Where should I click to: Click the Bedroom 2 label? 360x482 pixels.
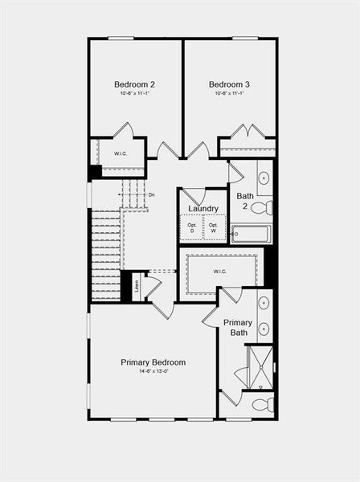pos(134,84)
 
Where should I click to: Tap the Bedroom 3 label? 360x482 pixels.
pos(229,84)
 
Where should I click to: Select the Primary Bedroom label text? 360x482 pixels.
pos(153,362)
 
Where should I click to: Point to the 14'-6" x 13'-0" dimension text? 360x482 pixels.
pos(153,373)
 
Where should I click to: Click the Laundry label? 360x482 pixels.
pos(203,209)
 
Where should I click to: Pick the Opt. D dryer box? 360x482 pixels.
pos(191,227)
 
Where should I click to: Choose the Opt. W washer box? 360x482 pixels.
pos(214,227)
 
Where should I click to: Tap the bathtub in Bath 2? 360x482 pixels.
pos(251,234)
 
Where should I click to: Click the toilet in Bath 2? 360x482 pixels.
pos(261,208)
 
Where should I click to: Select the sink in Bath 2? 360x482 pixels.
pos(264,178)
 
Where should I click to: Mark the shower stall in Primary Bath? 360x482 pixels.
pos(259,366)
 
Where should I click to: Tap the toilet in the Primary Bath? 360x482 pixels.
pos(262,404)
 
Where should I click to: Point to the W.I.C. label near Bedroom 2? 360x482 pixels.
pos(121,153)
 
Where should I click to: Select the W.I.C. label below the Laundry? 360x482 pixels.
pos(220,272)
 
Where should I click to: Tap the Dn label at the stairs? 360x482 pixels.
pos(152,195)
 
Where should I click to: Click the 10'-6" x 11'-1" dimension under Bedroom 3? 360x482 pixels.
pos(229,94)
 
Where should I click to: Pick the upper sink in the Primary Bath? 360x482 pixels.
pos(264,304)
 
